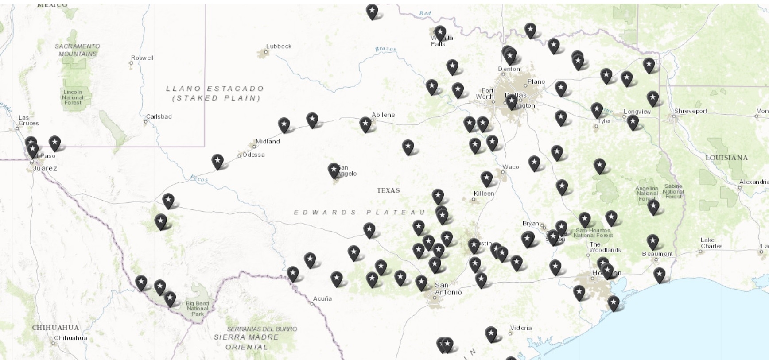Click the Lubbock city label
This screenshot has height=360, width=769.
(x=279, y=46)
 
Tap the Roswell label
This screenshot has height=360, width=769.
(x=142, y=58)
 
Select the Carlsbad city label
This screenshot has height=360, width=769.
(x=159, y=116)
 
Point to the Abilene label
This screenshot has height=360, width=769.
(x=383, y=115)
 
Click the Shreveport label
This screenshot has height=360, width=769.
(x=690, y=111)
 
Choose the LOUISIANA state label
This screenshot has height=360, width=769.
(x=726, y=158)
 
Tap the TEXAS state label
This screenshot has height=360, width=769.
(x=388, y=190)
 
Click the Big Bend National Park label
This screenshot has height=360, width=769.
(x=198, y=308)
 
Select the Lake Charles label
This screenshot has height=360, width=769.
(x=711, y=243)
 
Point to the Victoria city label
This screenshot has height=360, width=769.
(x=520, y=328)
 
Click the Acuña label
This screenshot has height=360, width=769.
(x=322, y=298)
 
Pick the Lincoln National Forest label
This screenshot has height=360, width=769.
(x=73, y=97)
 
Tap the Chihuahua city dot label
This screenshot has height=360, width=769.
(x=70, y=338)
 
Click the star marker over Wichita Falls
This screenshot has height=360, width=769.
(x=440, y=32)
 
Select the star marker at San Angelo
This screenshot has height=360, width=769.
(x=334, y=170)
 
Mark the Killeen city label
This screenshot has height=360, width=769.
(x=484, y=194)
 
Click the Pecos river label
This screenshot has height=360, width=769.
(x=198, y=178)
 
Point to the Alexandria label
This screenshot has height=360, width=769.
(x=753, y=182)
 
